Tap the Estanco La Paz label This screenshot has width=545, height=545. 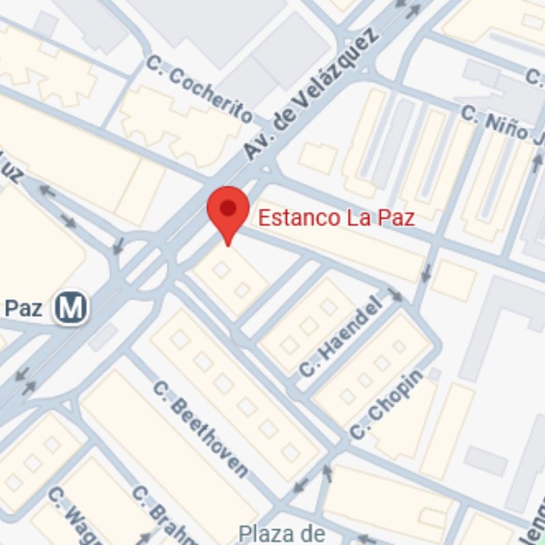point(337,218)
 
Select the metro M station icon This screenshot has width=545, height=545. point(72,308)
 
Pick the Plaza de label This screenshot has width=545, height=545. point(283,532)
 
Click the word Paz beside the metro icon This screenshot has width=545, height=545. point(24,308)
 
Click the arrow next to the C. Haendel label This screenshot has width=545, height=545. point(395,295)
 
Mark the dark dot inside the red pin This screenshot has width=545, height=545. point(228,207)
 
